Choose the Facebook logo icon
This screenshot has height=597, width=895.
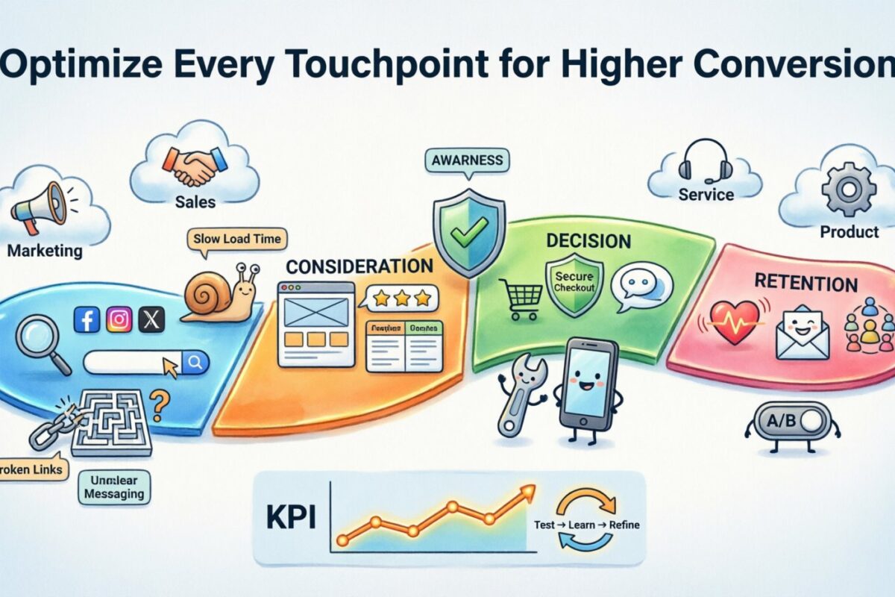pyautogui.click(x=87, y=320)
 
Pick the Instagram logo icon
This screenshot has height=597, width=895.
pyautogui.click(x=119, y=320)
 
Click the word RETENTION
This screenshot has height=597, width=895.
pyautogui.click(x=805, y=284)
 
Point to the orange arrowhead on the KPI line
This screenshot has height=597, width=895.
pyautogui.click(x=528, y=490)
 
